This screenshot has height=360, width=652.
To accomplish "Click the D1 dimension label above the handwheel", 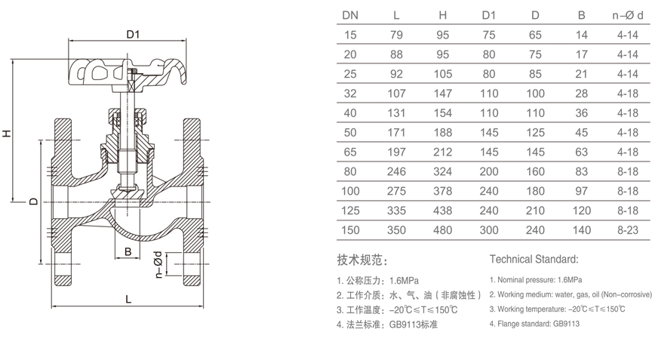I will click(134, 34).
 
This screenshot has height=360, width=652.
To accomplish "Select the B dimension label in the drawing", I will click(128, 251).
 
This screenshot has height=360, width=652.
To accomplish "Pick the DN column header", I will click(351, 15).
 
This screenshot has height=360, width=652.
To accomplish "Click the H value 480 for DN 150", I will click(444, 230).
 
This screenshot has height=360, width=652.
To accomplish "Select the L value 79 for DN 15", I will click(396, 35).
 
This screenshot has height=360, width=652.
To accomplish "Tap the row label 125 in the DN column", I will click(351, 211).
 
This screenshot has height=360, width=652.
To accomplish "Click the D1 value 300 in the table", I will click(489, 230).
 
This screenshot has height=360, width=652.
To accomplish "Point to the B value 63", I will click(582, 152).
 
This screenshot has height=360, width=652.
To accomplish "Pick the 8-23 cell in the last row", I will click(628, 230).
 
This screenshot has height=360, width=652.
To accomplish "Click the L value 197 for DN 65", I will click(396, 152).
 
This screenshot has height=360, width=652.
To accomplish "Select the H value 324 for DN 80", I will click(444, 171).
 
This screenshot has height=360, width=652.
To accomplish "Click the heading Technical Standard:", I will click(534, 260).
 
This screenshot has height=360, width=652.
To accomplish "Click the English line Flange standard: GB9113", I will click(534, 324).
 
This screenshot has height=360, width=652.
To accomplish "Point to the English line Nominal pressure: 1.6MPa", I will click(540, 280).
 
